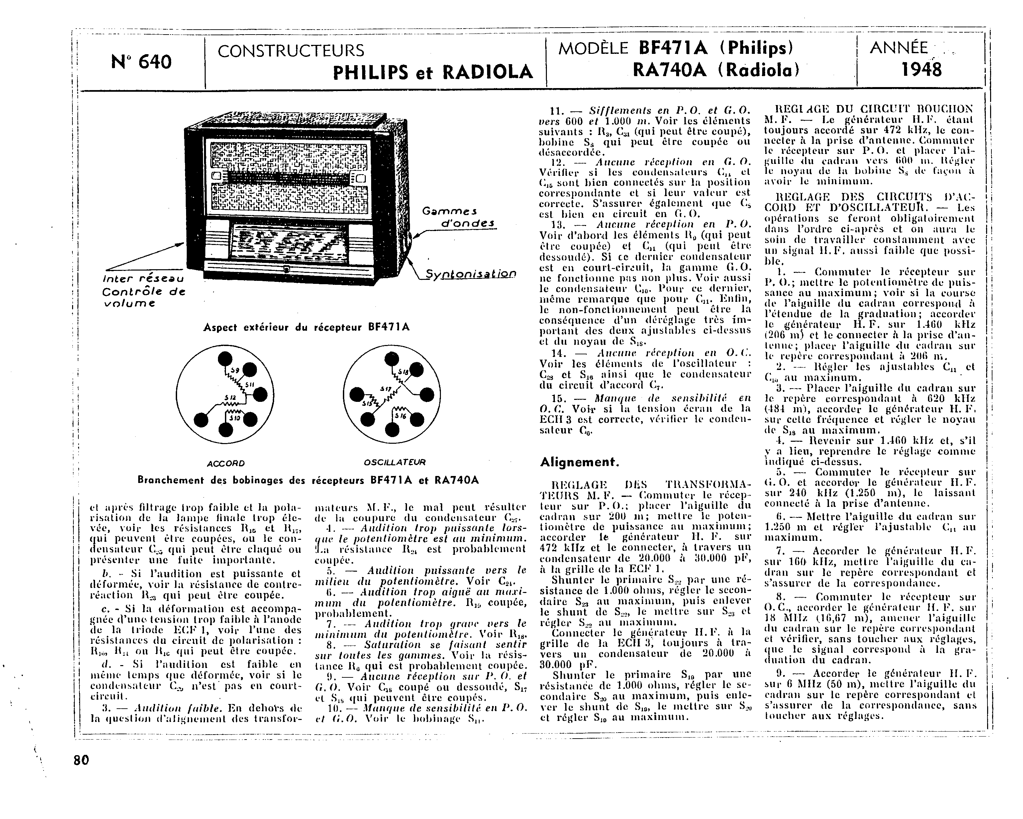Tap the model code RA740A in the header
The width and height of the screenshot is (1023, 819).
(670, 70)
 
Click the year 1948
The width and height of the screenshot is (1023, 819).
(921, 70)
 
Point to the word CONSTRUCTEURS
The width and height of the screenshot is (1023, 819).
(291, 50)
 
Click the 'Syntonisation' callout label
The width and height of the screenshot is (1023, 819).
(470, 275)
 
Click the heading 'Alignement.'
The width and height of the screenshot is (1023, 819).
(579, 462)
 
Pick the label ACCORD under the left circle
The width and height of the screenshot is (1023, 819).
(226, 463)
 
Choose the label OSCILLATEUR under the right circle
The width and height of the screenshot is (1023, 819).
(394, 462)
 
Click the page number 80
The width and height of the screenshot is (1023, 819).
(81, 760)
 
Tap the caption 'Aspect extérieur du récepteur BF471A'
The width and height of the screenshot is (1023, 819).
(307, 328)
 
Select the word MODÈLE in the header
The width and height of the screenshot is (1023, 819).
(593, 48)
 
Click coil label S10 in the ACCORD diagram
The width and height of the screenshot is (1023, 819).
(234, 418)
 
